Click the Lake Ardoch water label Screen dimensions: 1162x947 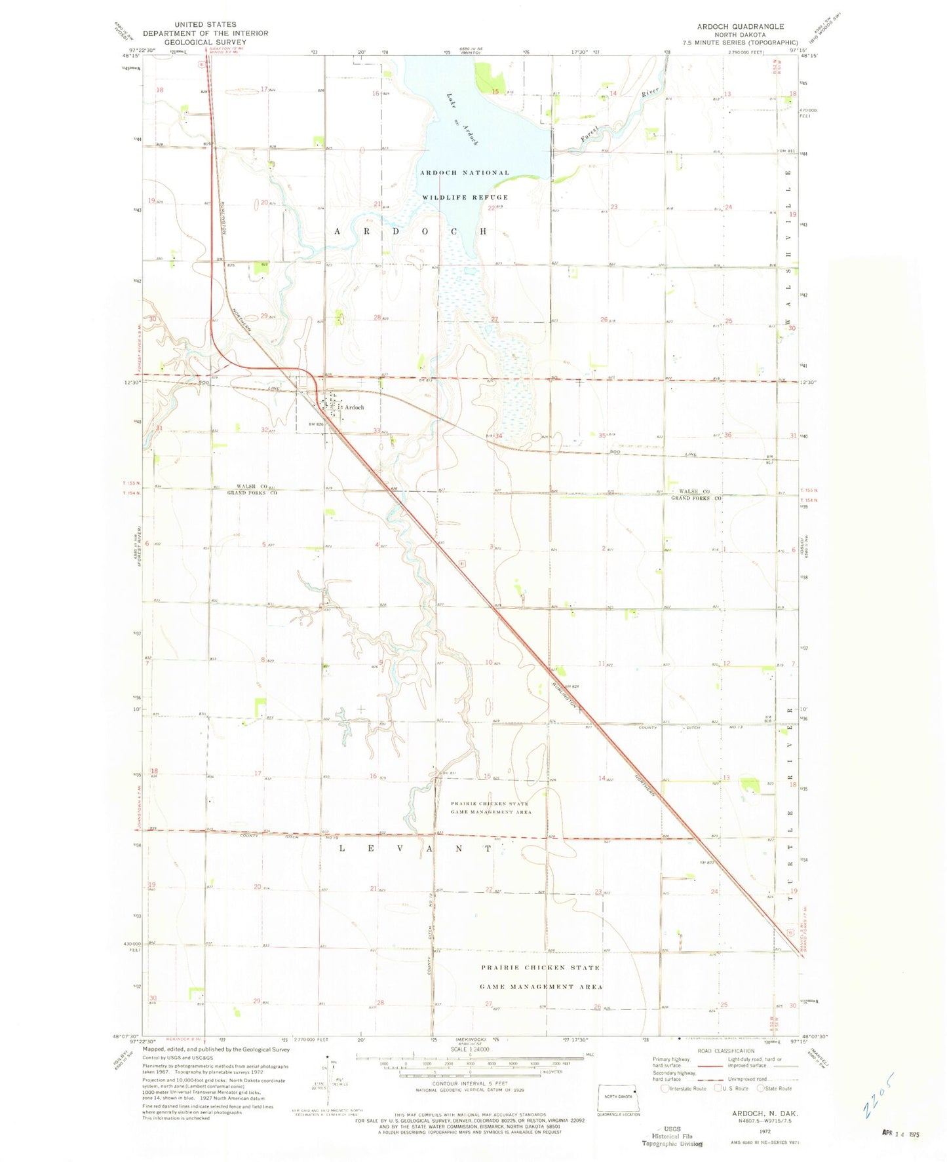(462, 118)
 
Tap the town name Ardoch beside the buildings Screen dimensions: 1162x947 (354, 407)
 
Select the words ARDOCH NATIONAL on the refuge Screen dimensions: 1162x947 (464, 173)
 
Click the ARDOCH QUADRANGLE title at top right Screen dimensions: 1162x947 (740, 27)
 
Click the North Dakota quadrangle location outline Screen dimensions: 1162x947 (619, 1097)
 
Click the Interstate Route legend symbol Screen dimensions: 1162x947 (665, 1089)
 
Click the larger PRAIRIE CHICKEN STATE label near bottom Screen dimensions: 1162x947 (540, 968)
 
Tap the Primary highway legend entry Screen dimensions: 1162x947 (671, 1062)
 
